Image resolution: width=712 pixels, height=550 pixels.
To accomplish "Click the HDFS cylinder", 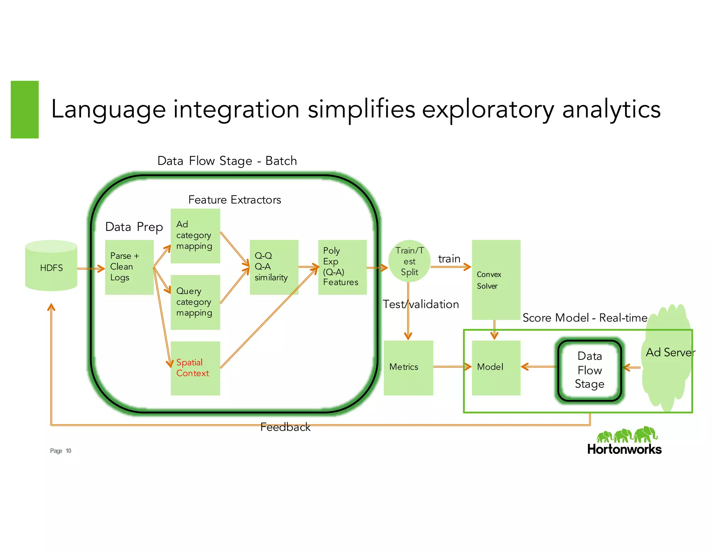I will [51, 266].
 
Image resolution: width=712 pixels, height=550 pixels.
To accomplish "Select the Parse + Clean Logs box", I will [129, 267].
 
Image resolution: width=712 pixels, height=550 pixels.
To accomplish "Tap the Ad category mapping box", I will [195, 236].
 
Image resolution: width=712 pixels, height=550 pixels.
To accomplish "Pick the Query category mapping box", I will [195, 302].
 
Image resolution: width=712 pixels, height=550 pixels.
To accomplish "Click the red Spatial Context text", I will [192, 368].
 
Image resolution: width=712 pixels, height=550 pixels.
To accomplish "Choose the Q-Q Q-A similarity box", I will [274, 267].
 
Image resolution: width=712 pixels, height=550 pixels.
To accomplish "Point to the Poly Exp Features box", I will [342, 267].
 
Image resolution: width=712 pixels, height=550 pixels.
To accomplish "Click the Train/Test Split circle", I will [409, 261].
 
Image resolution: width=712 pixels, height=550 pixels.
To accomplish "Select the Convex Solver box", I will [496, 280].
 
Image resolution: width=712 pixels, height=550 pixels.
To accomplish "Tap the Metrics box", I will [408, 367].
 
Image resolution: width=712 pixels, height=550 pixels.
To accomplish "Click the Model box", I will [496, 367].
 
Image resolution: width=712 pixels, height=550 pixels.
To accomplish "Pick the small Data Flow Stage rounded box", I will [589, 370].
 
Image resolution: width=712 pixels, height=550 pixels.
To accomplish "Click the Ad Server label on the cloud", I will [670, 353].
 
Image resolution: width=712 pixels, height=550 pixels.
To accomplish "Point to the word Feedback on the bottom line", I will [285, 427].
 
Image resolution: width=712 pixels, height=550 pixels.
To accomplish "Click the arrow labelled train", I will [451, 267].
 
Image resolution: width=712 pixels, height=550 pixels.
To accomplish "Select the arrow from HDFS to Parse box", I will [91, 268].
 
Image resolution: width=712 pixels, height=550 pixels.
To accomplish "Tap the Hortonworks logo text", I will [624, 449].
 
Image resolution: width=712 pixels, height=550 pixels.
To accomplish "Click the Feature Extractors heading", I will [235, 200].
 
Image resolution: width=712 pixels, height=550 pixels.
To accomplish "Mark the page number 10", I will [68, 451].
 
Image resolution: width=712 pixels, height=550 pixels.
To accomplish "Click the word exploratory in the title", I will [488, 110].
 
